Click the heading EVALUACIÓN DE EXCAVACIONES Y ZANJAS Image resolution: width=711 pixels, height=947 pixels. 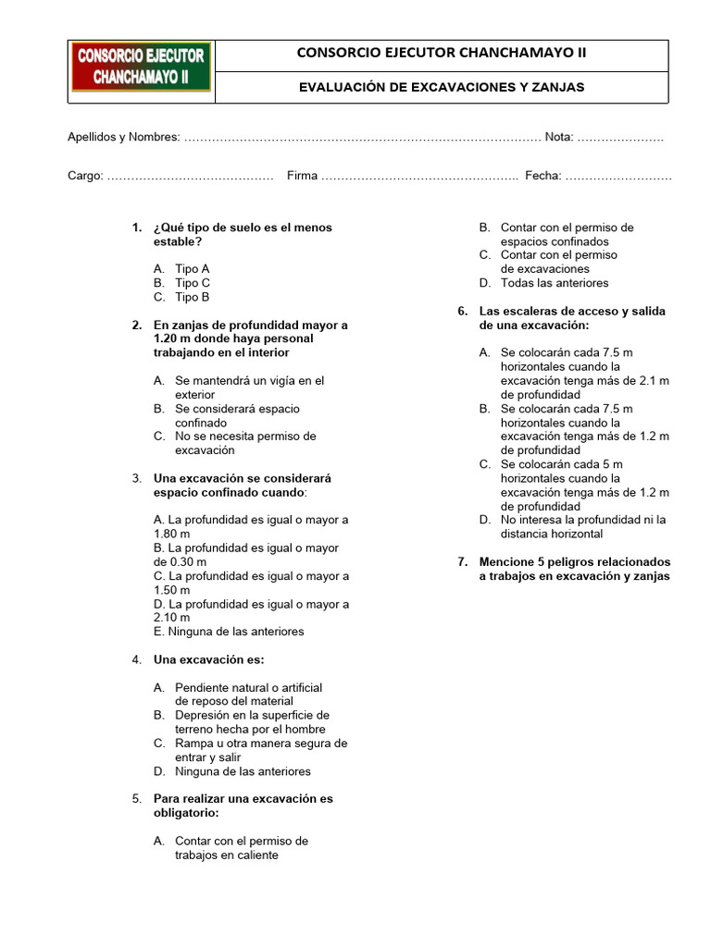point(441,87)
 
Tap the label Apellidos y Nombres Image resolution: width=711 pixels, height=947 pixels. point(123,137)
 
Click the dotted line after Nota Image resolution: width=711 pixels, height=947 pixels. point(619,138)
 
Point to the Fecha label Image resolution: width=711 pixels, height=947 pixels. point(543,176)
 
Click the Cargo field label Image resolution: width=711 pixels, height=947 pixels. point(85,176)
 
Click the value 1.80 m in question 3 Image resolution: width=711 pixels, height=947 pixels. point(172,535)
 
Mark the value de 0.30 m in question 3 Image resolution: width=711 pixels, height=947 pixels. point(181,562)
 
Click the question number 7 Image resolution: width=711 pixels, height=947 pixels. point(463,562)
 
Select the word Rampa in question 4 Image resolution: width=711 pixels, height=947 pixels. point(193,744)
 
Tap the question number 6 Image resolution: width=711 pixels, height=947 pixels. point(463,312)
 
